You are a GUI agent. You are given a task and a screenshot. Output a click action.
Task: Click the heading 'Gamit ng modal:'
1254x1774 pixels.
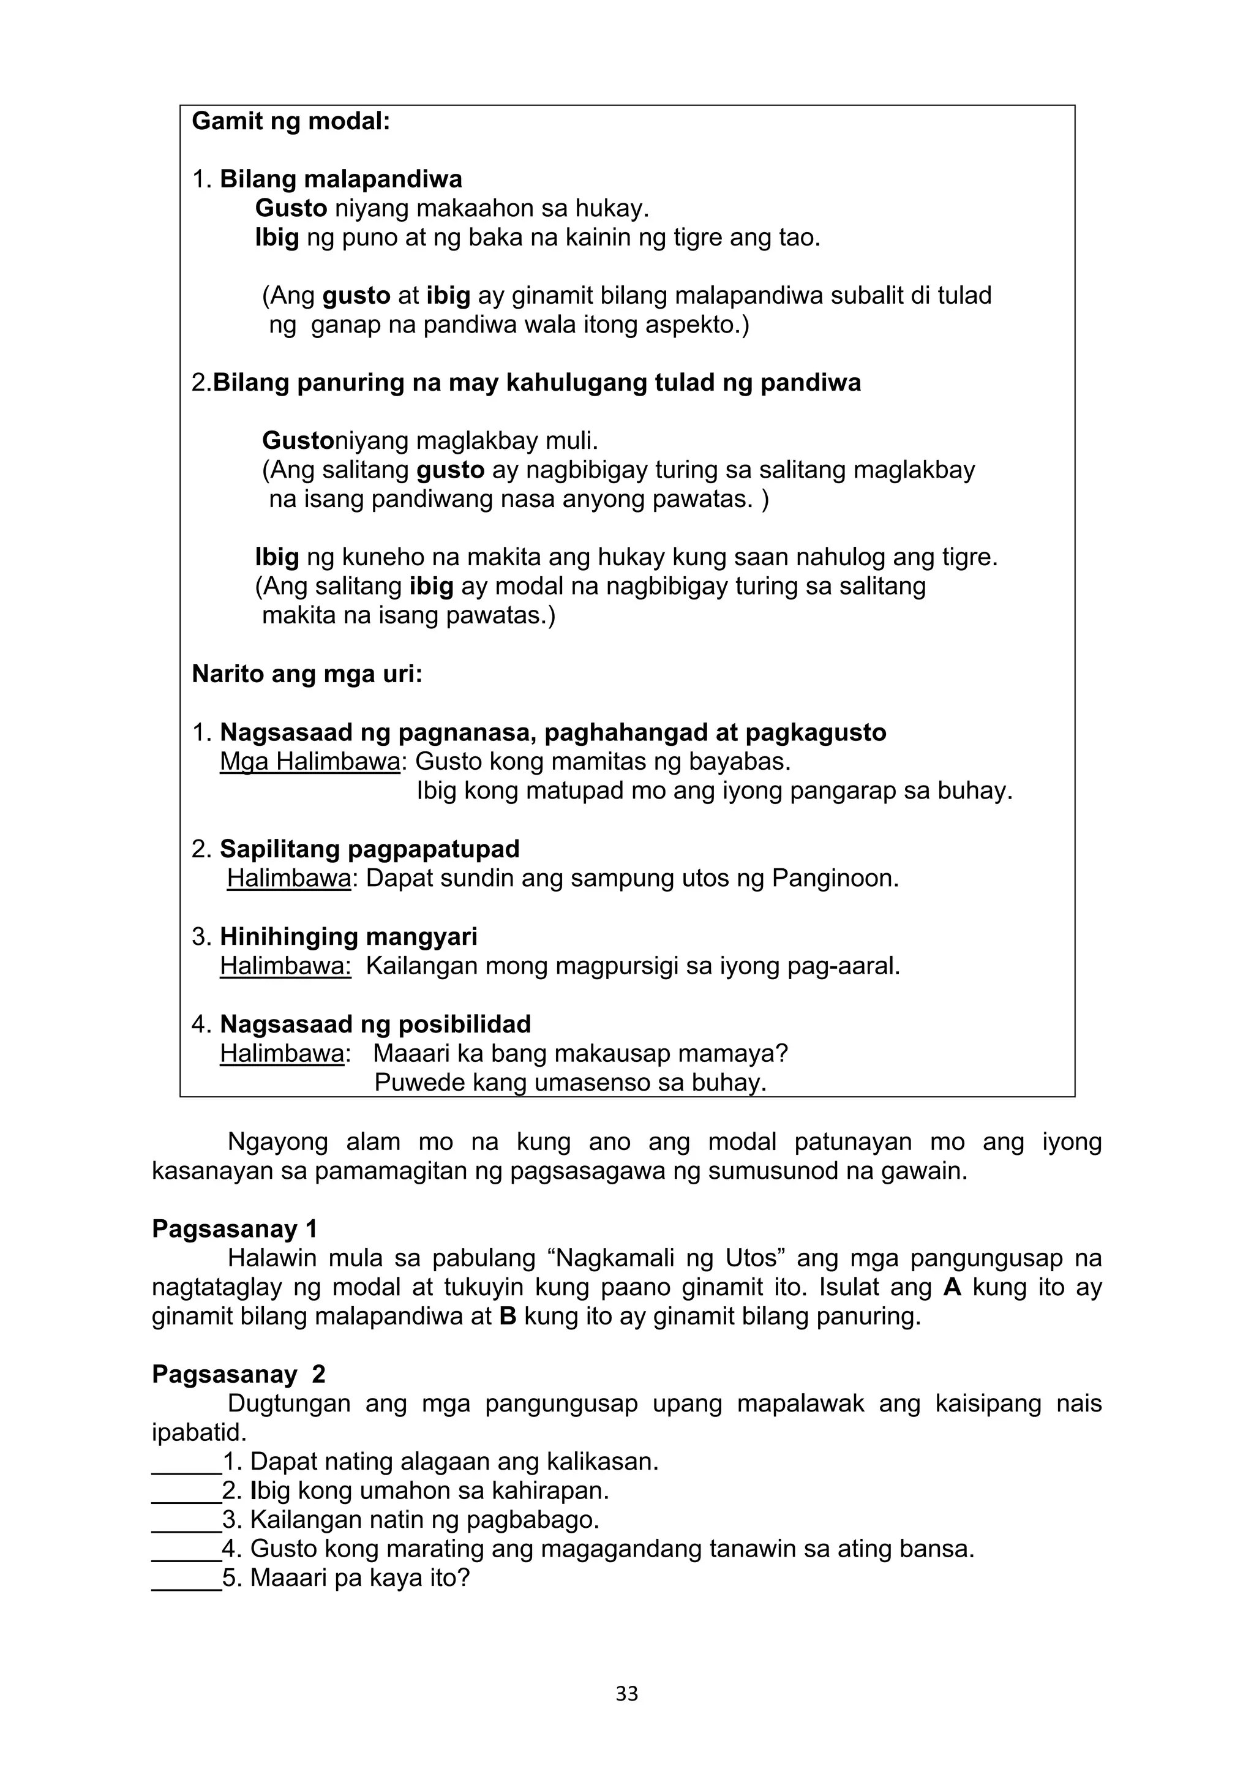tap(290, 121)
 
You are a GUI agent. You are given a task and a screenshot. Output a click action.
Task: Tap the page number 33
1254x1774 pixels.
tap(626, 1694)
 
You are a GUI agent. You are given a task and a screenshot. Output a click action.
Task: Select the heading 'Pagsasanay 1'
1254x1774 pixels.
tap(234, 1228)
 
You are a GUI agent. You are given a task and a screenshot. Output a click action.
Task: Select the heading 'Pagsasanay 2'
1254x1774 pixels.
tap(238, 1374)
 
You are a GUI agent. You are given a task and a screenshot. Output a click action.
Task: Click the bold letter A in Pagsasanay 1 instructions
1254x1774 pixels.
tap(953, 1287)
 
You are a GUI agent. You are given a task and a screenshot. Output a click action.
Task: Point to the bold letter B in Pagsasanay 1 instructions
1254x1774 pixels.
tap(508, 1316)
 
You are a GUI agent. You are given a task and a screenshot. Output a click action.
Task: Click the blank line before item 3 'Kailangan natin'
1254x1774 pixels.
tap(186, 1520)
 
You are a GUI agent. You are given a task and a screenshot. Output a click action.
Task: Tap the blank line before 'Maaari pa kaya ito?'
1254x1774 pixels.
tap(186, 1579)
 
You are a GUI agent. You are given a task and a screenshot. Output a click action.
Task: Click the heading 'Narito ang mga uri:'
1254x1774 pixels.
tap(307, 675)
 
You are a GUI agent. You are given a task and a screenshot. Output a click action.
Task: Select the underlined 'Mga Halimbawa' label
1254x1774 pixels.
tap(310, 762)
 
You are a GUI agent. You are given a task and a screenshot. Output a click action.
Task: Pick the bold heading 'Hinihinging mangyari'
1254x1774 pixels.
tap(348, 936)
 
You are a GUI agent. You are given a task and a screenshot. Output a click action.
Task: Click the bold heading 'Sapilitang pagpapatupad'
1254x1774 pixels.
tap(369, 849)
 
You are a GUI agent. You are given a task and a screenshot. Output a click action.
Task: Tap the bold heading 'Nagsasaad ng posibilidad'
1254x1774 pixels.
tap(375, 1024)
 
